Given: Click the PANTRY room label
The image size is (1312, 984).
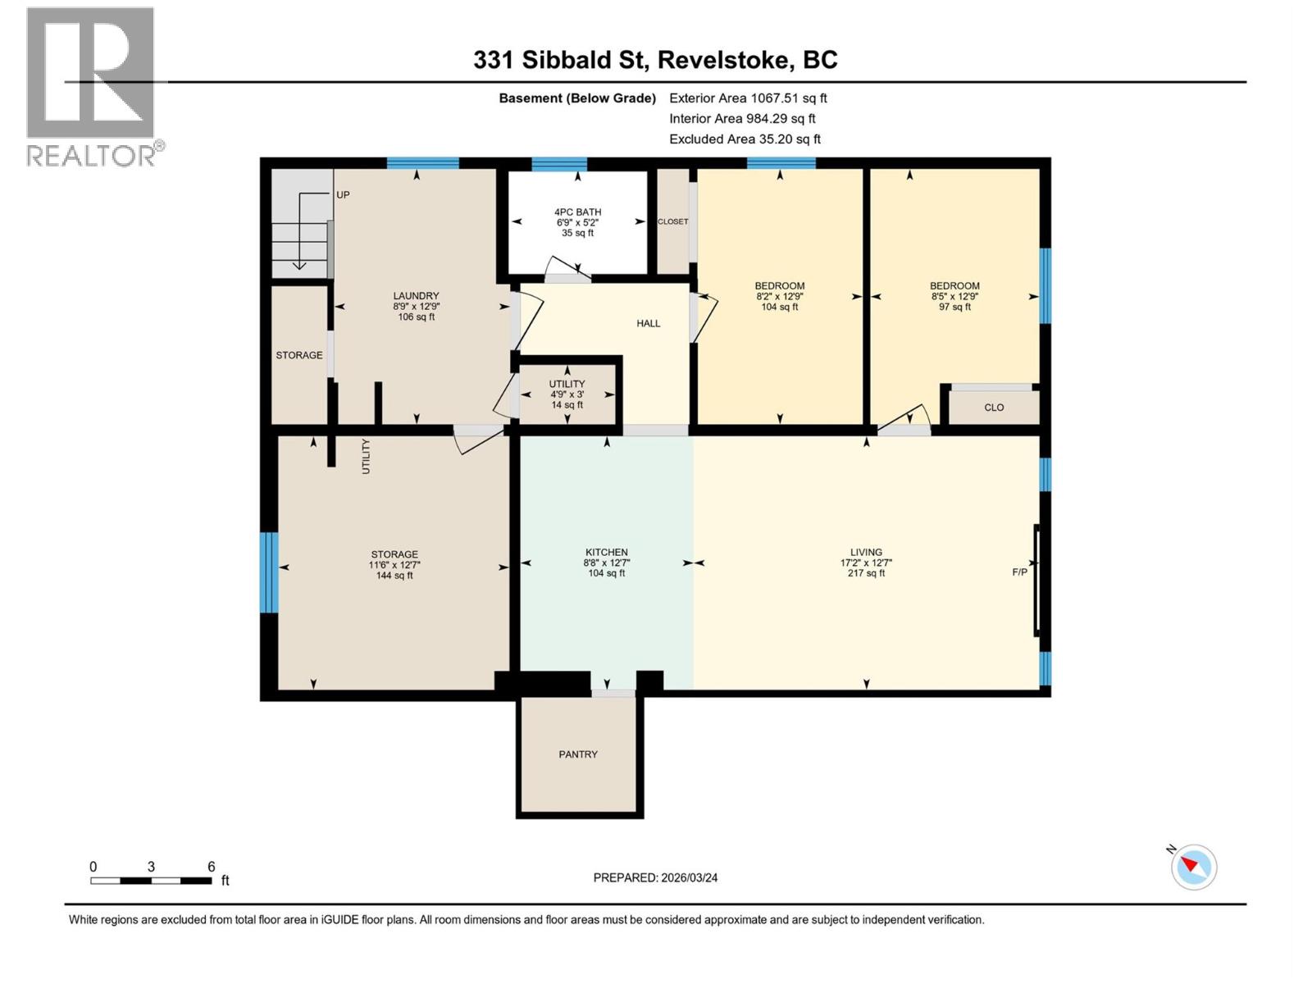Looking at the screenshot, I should (x=577, y=754).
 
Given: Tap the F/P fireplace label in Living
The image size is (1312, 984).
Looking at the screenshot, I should (x=1019, y=572).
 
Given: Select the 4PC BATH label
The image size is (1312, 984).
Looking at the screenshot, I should (x=577, y=212).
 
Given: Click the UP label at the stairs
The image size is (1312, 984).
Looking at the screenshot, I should (x=343, y=195).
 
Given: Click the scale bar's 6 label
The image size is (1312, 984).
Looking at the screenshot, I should (x=211, y=867).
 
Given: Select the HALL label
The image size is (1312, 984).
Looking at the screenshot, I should (x=648, y=323).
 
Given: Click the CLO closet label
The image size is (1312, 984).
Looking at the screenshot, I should (x=994, y=408).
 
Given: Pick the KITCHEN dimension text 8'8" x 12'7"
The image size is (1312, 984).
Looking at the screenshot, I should (x=607, y=563).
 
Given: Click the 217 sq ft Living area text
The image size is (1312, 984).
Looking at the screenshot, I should (x=866, y=574).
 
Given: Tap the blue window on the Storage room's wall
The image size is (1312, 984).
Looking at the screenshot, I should (x=269, y=572).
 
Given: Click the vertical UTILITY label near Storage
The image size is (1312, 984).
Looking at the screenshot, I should (x=367, y=456).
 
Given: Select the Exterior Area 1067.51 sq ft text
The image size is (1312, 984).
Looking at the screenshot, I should (x=748, y=98).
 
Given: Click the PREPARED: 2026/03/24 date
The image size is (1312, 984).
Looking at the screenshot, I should (x=655, y=877).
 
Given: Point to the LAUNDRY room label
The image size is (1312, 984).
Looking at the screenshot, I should (x=416, y=296).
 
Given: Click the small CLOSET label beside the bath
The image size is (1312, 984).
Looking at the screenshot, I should (x=672, y=221).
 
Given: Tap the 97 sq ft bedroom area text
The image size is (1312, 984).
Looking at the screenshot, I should (x=954, y=307).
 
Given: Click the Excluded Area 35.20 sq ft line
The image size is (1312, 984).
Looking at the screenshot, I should (x=745, y=139).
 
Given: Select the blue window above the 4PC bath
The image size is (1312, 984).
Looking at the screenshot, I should (x=558, y=163).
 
